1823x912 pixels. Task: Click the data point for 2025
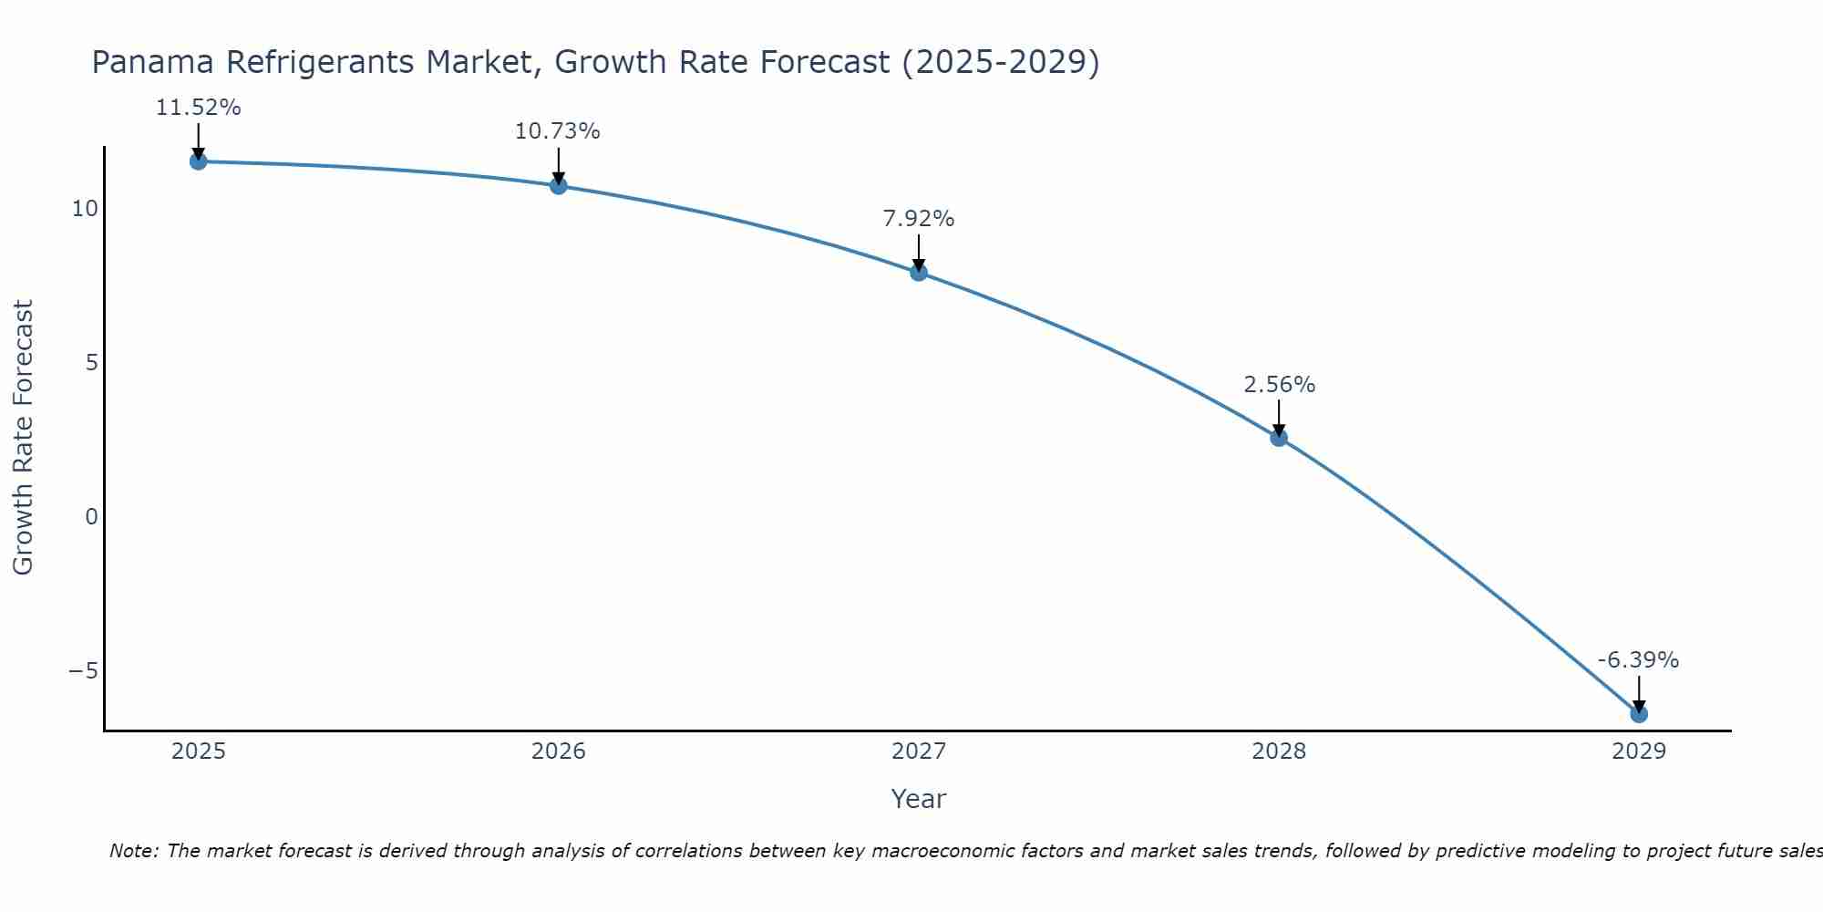click(199, 161)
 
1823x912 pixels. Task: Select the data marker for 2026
click(559, 186)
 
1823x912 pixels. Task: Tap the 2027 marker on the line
click(919, 272)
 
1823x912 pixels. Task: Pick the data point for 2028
click(1279, 438)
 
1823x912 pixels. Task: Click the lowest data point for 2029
click(1639, 713)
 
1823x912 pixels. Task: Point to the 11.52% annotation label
click(199, 108)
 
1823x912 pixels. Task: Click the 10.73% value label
click(558, 131)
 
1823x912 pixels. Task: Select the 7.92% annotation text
click(919, 219)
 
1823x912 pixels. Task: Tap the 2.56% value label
click(1279, 385)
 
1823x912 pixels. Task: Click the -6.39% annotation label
click(1638, 660)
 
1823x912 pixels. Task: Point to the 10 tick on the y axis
click(85, 209)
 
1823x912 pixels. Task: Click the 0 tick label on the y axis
click(91, 517)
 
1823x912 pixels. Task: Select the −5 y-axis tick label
click(83, 671)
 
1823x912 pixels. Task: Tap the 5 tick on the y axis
click(91, 363)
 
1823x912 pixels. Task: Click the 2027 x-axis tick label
click(919, 751)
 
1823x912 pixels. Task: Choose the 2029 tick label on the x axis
click(1639, 751)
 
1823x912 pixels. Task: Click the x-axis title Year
click(919, 799)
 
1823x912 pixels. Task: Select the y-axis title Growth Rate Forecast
click(24, 437)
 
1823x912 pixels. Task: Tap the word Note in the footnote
click(133, 851)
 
